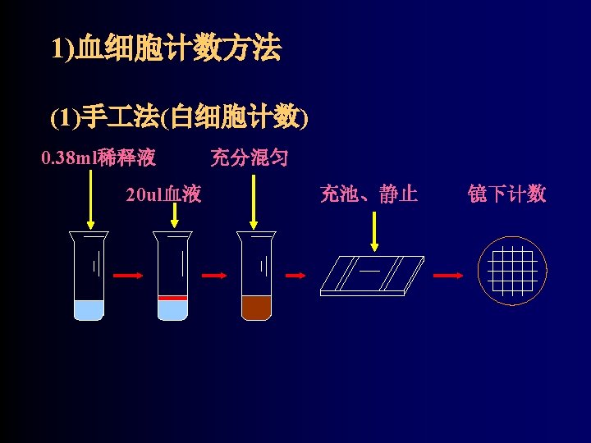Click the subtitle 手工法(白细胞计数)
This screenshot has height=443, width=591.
pos(179,118)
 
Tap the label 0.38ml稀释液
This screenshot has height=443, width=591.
pos(98,157)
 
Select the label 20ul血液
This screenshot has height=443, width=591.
pos(163,194)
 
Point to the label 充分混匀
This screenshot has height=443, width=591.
pos(249,157)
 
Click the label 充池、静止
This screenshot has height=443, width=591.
pos(369,194)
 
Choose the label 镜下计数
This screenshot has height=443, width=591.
pos(506,194)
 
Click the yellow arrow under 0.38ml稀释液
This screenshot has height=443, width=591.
pos(89,198)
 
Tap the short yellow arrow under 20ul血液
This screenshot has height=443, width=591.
pos(174,215)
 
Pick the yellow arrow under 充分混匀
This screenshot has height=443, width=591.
pos(254,198)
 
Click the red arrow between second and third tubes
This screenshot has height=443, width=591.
pos(213,276)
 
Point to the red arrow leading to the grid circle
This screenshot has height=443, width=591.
pos(447,276)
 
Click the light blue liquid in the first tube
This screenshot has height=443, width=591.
pos(89,309)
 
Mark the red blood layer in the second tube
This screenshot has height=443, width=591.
pos(172,296)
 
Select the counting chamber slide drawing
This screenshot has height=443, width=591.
pos(373,274)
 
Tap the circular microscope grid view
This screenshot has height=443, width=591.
pos(512,271)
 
